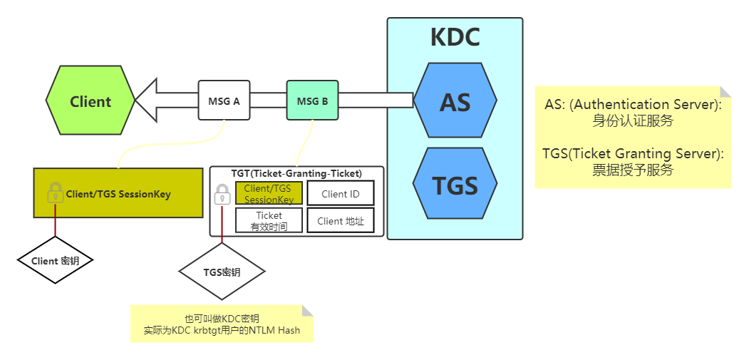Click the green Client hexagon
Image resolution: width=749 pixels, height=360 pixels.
[91, 101]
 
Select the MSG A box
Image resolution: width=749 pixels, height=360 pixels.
[224, 101]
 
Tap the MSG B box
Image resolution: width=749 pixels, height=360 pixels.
[313, 101]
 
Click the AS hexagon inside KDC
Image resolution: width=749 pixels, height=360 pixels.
[455, 101]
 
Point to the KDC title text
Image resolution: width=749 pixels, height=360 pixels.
[455, 37]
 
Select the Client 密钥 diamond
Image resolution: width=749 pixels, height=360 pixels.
[55, 261]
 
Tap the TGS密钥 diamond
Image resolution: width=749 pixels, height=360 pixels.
[222, 272]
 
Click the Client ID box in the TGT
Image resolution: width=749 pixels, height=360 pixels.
[340, 193]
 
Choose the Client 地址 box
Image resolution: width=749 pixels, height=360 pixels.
[340, 220]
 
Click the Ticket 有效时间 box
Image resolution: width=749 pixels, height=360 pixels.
[269, 220]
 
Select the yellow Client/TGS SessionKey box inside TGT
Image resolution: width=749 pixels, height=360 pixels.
[269, 193]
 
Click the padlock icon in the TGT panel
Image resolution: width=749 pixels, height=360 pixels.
[222, 194]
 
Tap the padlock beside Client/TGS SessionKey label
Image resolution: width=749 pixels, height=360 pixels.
[55, 193]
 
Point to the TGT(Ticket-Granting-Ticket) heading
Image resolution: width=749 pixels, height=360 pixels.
[296, 173]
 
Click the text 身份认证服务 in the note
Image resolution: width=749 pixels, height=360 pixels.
[633, 120]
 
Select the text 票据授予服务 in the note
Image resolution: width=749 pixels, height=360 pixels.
[633, 170]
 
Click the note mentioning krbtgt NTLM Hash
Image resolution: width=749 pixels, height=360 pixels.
[222, 324]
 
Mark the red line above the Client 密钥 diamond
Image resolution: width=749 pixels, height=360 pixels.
[55, 227]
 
